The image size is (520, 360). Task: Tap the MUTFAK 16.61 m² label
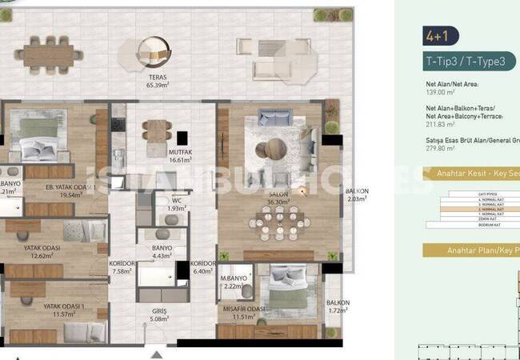pyautogui.click(x=181, y=155)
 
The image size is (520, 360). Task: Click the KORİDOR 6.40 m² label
pyautogui.click(x=204, y=266)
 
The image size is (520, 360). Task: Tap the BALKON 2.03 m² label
pyautogui.click(x=356, y=194)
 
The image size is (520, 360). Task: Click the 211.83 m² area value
pyautogui.click(x=440, y=124)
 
